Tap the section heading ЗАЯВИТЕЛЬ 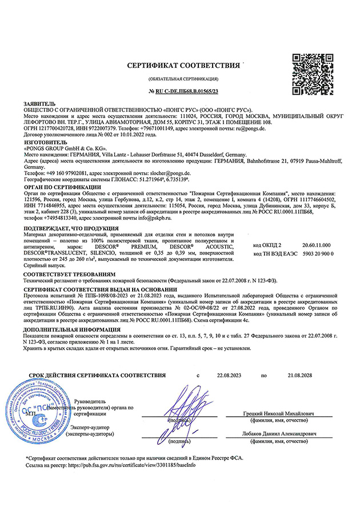point(39,103)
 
